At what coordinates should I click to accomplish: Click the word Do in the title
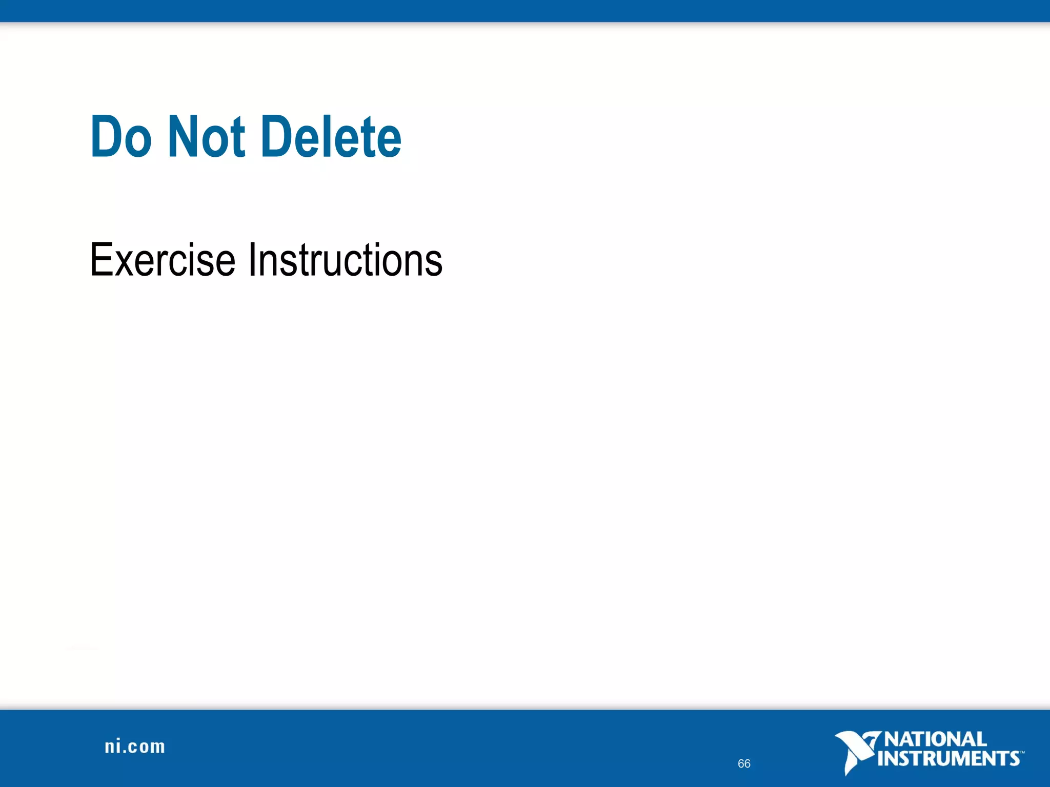pyautogui.click(x=122, y=136)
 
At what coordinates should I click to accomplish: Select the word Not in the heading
pyautogui.click(x=207, y=136)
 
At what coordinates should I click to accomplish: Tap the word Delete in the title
pyautogui.click(x=331, y=136)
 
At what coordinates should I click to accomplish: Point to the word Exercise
pyautogui.click(x=163, y=260)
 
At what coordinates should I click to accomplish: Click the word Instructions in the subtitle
pyautogui.click(x=345, y=260)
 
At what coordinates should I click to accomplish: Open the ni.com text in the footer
pyautogui.click(x=135, y=747)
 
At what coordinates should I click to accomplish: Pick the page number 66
pyautogui.click(x=744, y=763)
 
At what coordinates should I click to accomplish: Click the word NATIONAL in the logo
pyautogui.click(x=935, y=739)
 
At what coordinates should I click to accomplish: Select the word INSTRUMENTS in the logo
pyautogui.click(x=948, y=758)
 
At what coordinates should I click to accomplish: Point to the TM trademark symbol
pyautogui.click(x=1022, y=753)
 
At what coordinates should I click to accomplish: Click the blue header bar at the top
pyautogui.click(x=525, y=10)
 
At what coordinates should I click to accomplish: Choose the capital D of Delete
pyautogui.click(x=277, y=136)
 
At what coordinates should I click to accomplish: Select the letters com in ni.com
pyautogui.click(x=147, y=748)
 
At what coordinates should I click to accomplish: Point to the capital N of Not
pyautogui.click(x=183, y=136)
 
